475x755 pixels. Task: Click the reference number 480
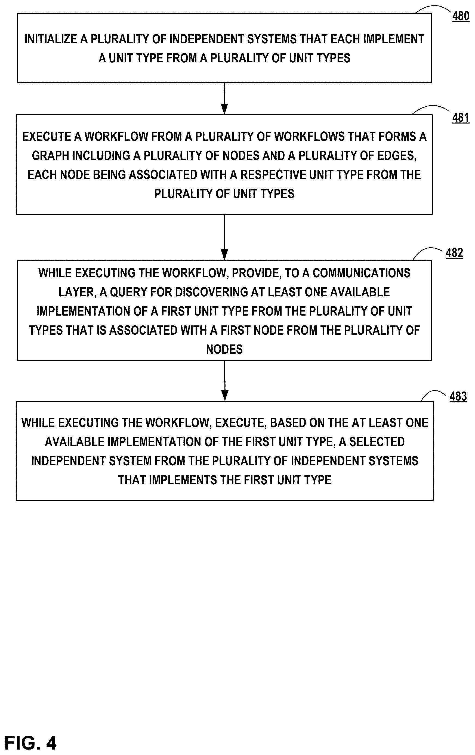[461, 16]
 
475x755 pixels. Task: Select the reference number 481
[461, 118]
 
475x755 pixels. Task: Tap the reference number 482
[454, 253]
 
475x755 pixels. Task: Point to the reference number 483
[458, 396]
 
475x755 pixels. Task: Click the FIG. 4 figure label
[30, 743]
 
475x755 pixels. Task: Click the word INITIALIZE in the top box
[51, 39]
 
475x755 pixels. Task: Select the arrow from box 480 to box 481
[224, 98]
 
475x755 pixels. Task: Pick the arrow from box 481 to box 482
[224, 237]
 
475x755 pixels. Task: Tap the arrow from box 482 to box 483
[224, 381]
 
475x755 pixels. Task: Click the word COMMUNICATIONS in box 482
[362, 273]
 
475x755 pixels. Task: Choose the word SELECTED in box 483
[377, 442]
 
